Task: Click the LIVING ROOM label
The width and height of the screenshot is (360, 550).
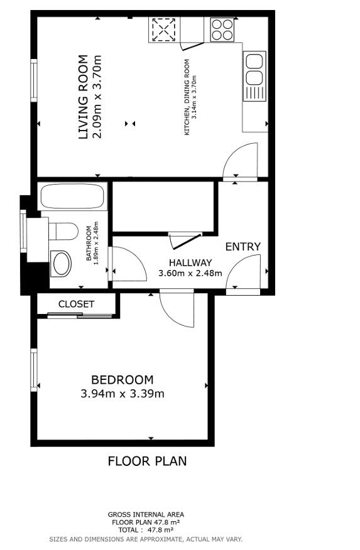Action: coord(83,97)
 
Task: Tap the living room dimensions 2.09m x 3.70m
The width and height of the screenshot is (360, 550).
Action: coord(96,97)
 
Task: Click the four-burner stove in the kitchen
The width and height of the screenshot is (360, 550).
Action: coord(222,28)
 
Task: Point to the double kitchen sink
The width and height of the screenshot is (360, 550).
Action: coord(254,69)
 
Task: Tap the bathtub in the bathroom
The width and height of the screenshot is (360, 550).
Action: coord(72,197)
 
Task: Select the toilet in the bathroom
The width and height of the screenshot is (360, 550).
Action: coord(63,232)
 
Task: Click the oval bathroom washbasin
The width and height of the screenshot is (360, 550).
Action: coord(62,264)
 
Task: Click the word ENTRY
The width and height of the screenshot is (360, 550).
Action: coord(243,247)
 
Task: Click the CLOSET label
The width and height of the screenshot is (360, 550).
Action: coord(76,304)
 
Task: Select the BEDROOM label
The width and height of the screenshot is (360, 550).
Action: coord(122,380)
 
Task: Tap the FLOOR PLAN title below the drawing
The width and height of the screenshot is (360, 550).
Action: coord(147,461)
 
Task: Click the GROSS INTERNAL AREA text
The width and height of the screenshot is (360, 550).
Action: coord(146,514)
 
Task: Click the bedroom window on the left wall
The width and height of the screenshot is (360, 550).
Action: coord(34,370)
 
